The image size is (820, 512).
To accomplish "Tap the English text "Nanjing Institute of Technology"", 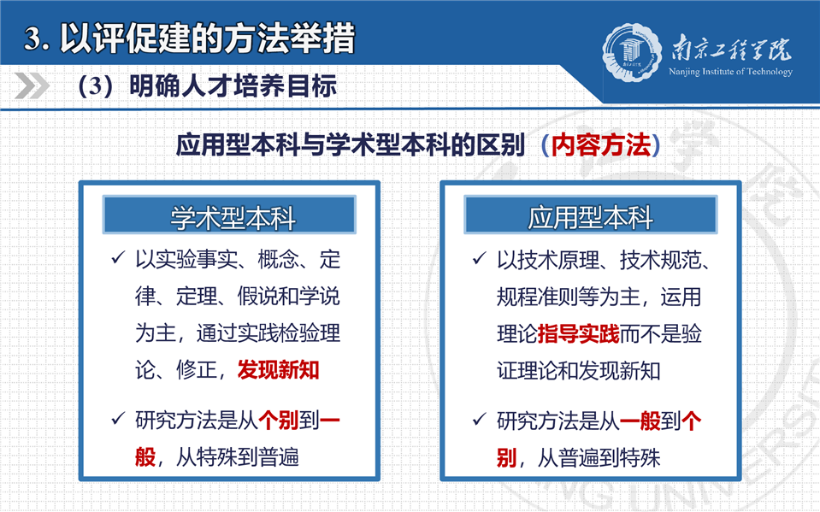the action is (x=730, y=72).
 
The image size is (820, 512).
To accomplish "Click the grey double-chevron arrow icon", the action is (x=32, y=85).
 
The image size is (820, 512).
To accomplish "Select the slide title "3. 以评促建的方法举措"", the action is (x=189, y=38).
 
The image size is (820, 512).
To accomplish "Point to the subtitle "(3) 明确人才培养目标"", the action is (x=207, y=86).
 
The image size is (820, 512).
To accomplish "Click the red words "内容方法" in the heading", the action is (x=601, y=145).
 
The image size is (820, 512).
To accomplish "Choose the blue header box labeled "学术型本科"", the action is (x=229, y=215).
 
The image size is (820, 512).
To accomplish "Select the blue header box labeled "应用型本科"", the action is (x=591, y=215).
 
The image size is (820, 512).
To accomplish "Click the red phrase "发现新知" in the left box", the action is (x=278, y=370).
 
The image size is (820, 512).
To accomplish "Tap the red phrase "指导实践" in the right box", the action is (x=578, y=334).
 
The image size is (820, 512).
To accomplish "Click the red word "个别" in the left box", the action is (x=278, y=421).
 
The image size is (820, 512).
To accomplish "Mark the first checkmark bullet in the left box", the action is (x=118, y=257).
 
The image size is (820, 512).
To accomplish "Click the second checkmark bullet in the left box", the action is (x=118, y=418).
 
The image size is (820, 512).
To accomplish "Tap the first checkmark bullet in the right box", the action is (x=480, y=258).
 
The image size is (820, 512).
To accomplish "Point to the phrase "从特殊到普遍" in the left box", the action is (x=238, y=457).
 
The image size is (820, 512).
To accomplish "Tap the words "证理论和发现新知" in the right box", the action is (x=578, y=371).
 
